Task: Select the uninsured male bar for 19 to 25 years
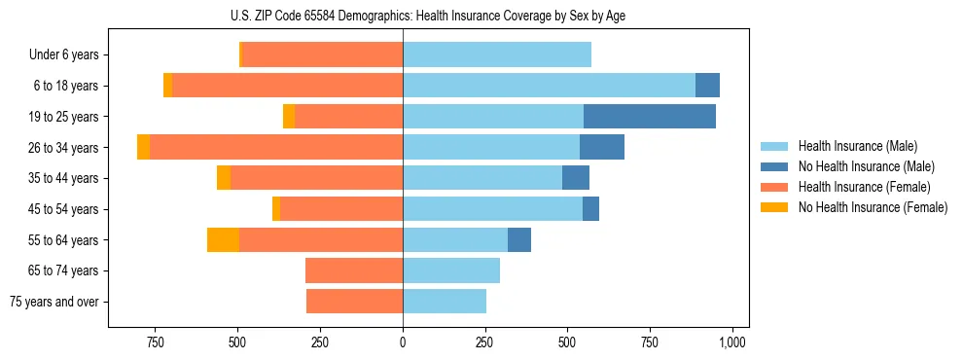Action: click(650, 116)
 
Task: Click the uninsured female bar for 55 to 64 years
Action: click(223, 239)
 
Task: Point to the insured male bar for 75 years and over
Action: click(445, 302)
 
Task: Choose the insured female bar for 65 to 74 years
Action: click(354, 270)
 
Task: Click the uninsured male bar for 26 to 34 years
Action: click(602, 147)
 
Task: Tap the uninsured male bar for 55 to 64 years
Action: click(519, 239)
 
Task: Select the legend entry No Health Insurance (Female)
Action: click(872, 207)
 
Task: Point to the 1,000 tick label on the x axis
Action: click(732, 342)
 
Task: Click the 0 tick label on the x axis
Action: click(403, 342)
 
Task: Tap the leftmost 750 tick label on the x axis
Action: click(155, 342)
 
